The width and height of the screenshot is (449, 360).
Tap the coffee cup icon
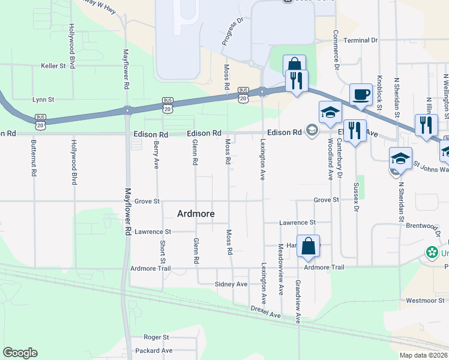tap(360, 94)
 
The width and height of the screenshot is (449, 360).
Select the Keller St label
tap(53, 66)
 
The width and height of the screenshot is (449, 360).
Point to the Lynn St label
tap(43, 100)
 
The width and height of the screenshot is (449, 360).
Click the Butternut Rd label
tap(34, 158)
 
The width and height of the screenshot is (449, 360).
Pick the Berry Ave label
tap(156, 154)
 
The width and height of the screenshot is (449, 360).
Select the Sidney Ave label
tap(231, 284)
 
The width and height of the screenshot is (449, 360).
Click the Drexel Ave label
tap(266, 314)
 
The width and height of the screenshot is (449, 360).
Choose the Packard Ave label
tap(154, 350)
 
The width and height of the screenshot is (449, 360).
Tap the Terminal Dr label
tap(360, 40)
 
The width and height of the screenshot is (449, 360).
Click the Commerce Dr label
tap(336, 47)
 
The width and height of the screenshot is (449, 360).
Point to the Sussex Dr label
tap(356, 197)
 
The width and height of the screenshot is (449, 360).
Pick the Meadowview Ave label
tap(281, 260)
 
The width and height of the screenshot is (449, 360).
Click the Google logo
tap(20, 353)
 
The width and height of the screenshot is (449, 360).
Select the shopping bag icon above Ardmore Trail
tap(308, 247)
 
